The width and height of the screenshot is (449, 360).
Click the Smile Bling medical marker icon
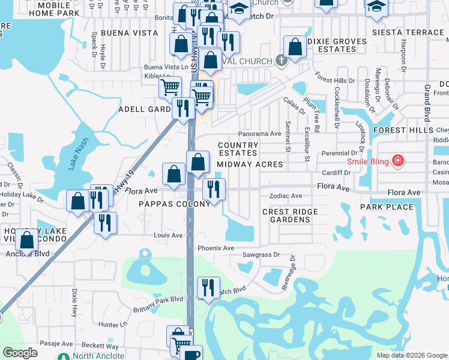tap(397, 160)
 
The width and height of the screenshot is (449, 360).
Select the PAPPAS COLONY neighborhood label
tap(175, 203)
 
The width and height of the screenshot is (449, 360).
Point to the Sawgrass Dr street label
tap(261, 254)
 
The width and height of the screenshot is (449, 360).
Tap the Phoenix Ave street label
tap(215, 248)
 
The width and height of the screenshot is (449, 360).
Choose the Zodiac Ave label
tap(285, 196)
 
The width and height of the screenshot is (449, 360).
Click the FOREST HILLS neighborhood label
tap(402, 130)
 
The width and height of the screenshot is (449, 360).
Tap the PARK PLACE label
tap(387, 207)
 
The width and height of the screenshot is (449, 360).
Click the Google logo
tap(20, 352)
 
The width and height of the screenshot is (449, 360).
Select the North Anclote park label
tap(98, 356)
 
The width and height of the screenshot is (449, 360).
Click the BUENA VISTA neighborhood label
tap(124, 32)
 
